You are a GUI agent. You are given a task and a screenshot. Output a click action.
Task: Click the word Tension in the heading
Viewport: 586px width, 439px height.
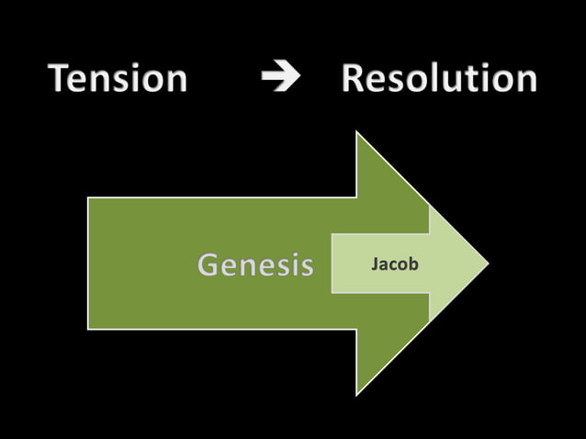click(x=118, y=79)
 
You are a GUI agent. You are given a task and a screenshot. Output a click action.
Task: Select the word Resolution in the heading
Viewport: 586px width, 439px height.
click(x=438, y=79)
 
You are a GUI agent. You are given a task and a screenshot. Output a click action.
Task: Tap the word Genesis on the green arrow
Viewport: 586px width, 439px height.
click(x=255, y=265)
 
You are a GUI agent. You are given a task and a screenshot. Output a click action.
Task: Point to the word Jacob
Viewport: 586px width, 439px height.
click(x=395, y=265)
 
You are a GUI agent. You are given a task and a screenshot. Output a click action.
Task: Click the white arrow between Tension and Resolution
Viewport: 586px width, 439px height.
click(x=280, y=79)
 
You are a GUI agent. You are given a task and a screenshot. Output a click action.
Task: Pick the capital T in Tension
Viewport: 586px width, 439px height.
click(x=61, y=79)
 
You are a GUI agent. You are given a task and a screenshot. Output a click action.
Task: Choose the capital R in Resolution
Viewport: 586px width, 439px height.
click(x=355, y=79)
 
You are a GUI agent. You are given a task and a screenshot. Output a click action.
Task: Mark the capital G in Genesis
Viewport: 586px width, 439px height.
click(x=210, y=265)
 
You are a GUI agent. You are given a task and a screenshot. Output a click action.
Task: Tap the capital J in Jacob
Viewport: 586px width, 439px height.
click(x=374, y=265)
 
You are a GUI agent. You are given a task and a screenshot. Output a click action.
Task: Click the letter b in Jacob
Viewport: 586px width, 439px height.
click(x=413, y=265)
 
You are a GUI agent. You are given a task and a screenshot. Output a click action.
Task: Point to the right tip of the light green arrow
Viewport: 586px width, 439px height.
click(x=488, y=264)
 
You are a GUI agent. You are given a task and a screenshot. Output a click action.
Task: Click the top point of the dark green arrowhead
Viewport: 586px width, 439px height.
click(x=357, y=133)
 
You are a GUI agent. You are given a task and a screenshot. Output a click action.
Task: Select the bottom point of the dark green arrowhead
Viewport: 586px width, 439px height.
click(x=357, y=395)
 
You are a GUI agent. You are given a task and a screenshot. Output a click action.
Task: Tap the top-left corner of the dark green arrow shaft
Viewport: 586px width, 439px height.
click(x=89, y=198)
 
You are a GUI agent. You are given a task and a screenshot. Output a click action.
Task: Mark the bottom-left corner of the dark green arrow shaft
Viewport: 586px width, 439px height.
click(x=89, y=328)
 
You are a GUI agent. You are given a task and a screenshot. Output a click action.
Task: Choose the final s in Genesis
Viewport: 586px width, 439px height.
click(x=305, y=267)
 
